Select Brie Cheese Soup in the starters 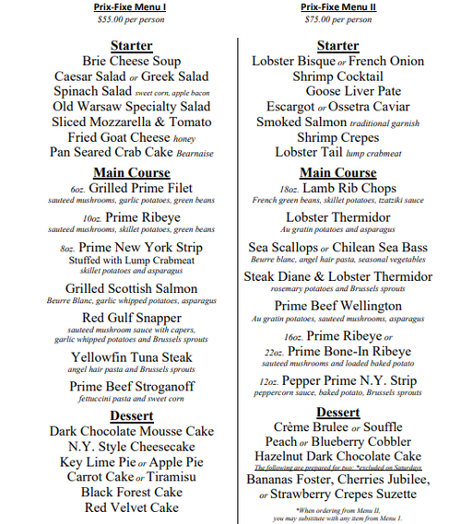(x=132, y=62)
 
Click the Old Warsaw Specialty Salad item (x=132, y=107)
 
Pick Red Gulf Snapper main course (x=132, y=319)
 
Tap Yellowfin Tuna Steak (x=132, y=357)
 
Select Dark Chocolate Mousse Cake (x=132, y=431)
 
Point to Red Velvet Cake (x=132, y=507)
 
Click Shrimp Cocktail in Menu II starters (x=338, y=76)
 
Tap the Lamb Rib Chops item (x=349, y=188)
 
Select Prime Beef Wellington (x=338, y=306)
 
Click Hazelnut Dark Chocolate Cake (x=338, y=457)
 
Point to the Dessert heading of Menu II (x=338, y=412)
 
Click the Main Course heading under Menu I (x=132, y=172)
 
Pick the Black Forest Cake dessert (x=132, y=493)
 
